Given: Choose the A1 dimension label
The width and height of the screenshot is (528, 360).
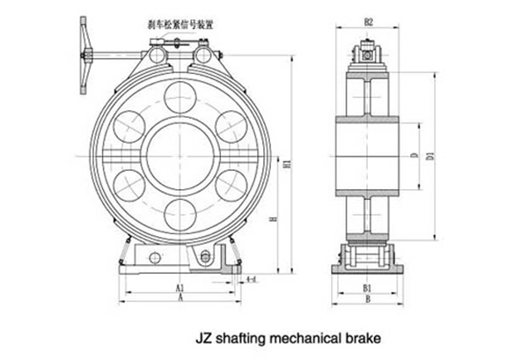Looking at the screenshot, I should coord(180,288).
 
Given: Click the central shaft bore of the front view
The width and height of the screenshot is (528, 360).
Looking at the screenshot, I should coord(180,151).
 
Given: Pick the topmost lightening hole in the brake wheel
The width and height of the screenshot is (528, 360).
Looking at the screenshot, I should coord(180,95).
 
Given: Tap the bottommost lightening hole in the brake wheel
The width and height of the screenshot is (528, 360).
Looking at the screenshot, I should coord(180,212).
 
